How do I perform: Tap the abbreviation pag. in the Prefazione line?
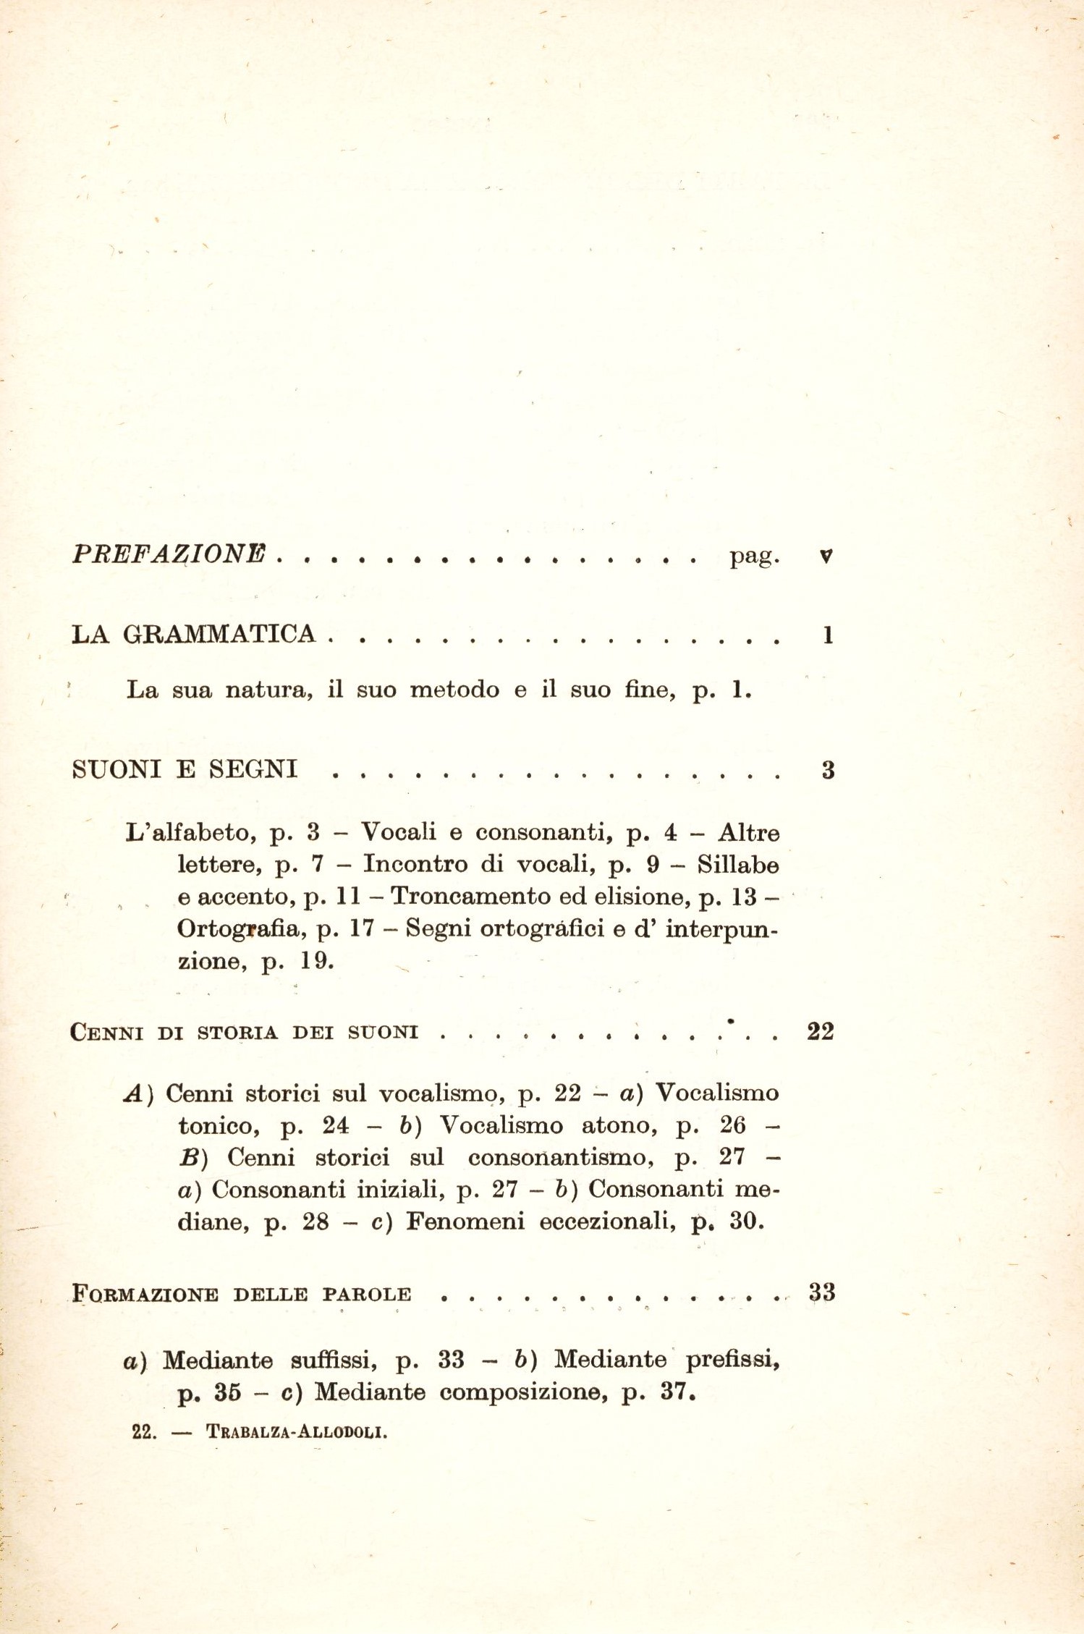click(755, 556)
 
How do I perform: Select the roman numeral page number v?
click(826, 556)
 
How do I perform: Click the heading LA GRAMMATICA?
click(194, 635)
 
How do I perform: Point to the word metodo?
click(454, 690)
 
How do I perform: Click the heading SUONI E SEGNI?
click(185, 769)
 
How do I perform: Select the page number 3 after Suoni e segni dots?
click(828, 770)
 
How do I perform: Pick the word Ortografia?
click(238, 928)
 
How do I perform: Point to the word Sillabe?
click(738, 865)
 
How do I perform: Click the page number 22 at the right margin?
click(821, 1031)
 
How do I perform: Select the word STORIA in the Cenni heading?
click(237, 1033)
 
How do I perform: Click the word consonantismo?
click(561, 1157)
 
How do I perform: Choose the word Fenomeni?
click(465, 1222)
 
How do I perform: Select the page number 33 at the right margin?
click(822, 1292)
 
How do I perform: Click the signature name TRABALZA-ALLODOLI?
click(296, 1431)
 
